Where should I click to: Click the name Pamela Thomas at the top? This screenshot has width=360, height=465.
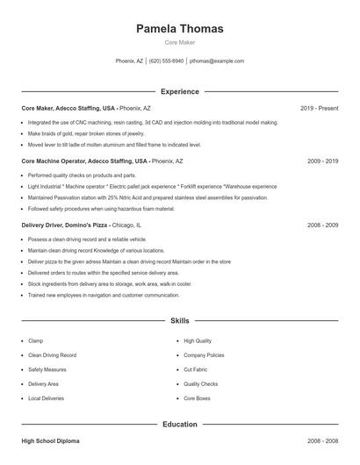(x=179, y=29)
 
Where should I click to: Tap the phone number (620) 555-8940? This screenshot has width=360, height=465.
(x=166, y=61)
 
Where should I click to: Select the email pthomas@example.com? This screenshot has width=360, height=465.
(x=216, y=61)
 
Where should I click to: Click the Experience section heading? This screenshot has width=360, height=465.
(x=179, y=91)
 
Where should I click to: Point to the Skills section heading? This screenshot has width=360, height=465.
(x=179, y=321)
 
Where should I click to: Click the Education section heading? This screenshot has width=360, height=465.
(x=179, y=424)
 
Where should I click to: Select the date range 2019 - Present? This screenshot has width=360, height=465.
(x=319, y=108)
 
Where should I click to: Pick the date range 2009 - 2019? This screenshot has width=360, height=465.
(x=322, y=161)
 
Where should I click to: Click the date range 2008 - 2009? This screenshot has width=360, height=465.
(x=322, y=225)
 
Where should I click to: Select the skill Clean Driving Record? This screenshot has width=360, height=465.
(x=52, y=355)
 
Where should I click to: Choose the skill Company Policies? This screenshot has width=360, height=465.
(x=204, y=355)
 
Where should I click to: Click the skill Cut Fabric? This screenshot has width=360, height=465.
(x=195, y=369)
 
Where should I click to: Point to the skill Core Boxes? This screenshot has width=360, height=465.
(x=197, y=398)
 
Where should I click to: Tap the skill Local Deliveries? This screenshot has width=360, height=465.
(x=46, y=398)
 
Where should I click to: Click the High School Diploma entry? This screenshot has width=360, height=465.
(x=50, y=441)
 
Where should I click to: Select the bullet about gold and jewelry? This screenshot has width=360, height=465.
(x=85, y=133)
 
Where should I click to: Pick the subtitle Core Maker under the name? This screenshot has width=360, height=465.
(x=179, y=42)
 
